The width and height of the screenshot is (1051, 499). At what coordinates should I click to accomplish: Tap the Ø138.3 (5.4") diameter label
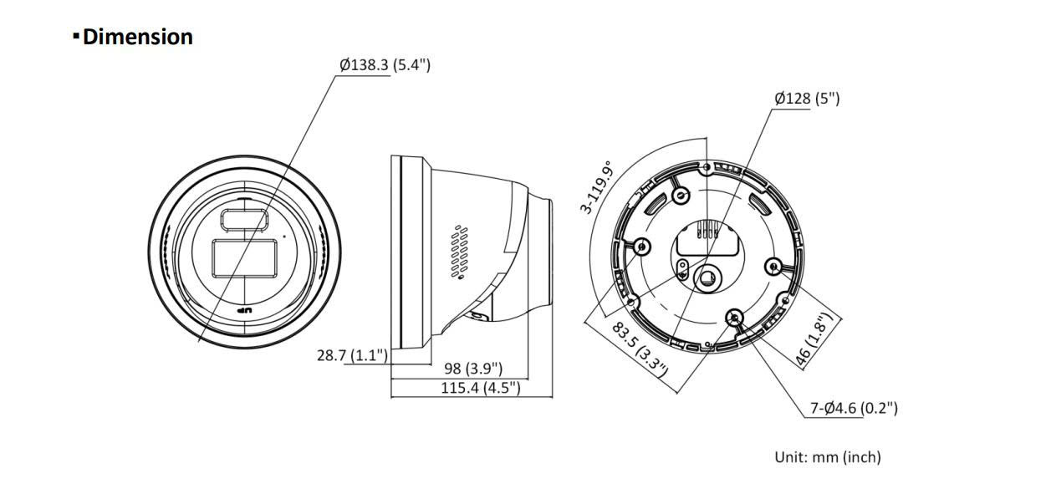pos(385,64)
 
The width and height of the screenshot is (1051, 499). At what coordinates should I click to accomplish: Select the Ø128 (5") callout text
pos(807,99)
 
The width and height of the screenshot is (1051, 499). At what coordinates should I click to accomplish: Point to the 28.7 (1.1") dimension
pos(352,355)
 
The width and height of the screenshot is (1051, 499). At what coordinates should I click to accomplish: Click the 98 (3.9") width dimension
pos(472,368)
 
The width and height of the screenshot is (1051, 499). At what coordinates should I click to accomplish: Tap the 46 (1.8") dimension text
pos(815,339)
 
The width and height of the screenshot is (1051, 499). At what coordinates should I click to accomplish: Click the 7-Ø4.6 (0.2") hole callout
pos(854,408)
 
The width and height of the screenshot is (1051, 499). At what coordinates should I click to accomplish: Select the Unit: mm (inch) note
pos(827,457)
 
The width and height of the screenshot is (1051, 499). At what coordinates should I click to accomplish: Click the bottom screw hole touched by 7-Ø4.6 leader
pos(735,317)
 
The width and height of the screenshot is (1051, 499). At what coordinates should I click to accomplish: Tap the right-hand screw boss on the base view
pos(773,266)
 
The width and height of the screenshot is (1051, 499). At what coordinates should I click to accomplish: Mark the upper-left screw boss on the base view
pos(681,196)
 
